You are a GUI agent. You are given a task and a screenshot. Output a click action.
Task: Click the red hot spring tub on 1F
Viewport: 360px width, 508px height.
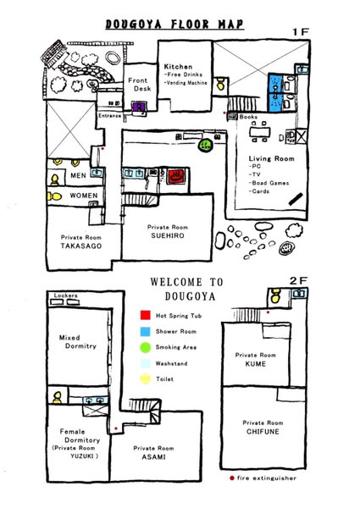176,176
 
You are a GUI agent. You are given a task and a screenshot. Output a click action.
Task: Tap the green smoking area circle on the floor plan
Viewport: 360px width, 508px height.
205,145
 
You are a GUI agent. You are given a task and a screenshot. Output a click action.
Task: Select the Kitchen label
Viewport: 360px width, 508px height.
178,67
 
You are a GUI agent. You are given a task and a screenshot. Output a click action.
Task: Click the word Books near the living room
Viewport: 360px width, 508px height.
248,117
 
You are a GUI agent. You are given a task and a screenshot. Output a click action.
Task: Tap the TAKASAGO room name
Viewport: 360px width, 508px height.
81,246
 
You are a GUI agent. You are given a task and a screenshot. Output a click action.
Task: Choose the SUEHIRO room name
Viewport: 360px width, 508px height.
168,236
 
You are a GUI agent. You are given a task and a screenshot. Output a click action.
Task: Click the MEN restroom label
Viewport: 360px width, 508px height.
79,175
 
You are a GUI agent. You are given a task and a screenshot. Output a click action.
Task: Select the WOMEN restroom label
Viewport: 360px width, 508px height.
84,196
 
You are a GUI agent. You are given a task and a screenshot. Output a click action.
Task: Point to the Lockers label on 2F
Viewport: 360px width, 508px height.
66,295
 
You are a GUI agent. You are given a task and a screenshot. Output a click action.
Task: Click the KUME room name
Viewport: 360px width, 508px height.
256,364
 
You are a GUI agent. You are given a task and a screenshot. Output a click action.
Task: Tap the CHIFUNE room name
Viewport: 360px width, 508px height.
263,432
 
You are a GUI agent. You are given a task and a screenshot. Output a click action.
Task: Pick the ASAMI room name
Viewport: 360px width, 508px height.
153,457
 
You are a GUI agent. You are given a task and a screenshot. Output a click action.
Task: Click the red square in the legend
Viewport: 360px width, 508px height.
145,315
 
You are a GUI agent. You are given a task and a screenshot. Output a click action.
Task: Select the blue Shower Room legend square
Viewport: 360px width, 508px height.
145,331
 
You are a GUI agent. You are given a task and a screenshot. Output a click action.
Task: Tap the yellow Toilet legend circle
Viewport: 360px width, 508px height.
146,379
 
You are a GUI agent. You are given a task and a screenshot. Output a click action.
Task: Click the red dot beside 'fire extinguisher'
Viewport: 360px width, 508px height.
232,478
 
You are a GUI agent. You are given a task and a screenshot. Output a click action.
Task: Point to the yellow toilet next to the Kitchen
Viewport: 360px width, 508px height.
220,84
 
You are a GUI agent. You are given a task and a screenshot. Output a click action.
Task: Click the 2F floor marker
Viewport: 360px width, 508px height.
298,281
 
